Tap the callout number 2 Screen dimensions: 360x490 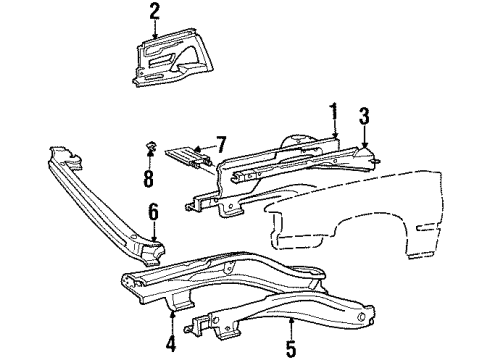click(x=154, y=11)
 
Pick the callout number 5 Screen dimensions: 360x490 click(x=290, y=349)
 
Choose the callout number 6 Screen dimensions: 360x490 click(x=153, y=212)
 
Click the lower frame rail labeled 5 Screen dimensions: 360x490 click(x=290, y=300)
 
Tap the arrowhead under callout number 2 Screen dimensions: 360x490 click(x=154, y=35)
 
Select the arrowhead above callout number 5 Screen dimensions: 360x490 click(x=290, y=321)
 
